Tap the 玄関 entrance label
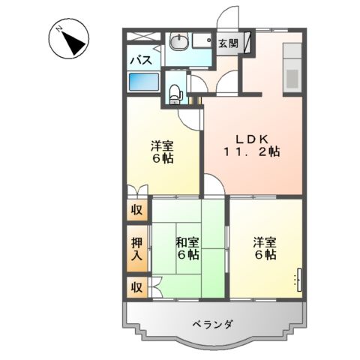pyautogui.click(x=229, y=43)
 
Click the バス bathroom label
pyautogui.click(x=142, y=60)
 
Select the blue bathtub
pyautogui.click(x=143, y=81)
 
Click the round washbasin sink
pyautogui.click(x=178, y=43)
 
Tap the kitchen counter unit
pyautogui.click(x=292, y=67)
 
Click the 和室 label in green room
pyautogui.click(x=187, y=241)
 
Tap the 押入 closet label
pyautogui.click(x=136, y=249)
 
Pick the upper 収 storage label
pyautogui.click(x=136, y=210)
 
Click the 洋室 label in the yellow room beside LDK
pyautogui.click(x=162, y=145)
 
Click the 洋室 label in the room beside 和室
pyautogui.click(x=264, y=241)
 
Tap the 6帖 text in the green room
pyautogui.click(x=187, y=255)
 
